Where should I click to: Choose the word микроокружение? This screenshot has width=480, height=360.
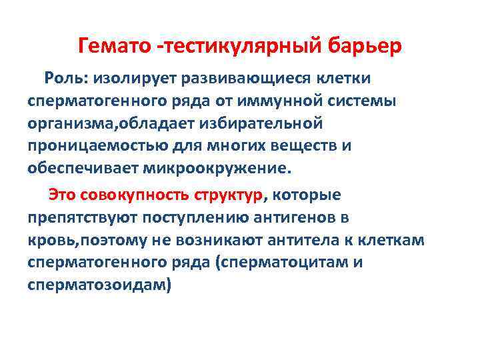217,167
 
